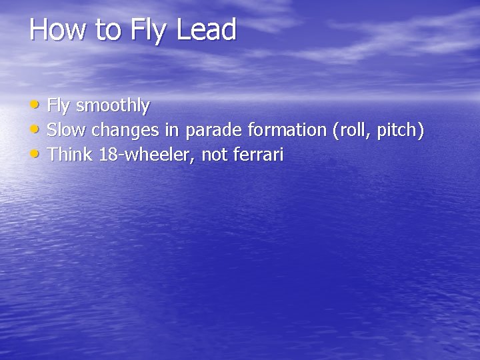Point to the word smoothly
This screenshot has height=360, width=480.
pos(113,106)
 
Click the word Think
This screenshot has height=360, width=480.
pos(70,155)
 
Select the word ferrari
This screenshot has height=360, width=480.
pos(258,155)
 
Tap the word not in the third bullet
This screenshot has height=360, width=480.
pos(215,155)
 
